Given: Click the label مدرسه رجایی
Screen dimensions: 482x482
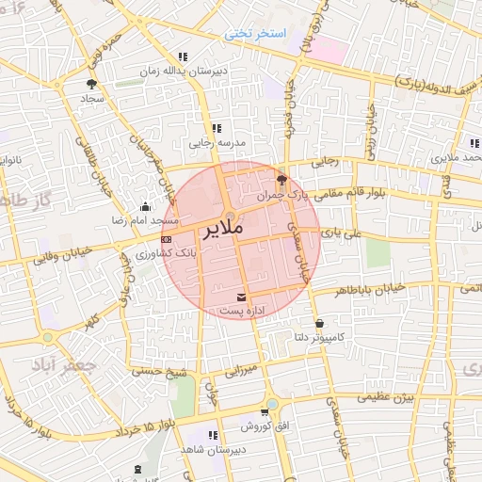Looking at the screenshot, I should [217, 143].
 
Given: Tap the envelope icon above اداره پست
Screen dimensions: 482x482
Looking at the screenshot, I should [244, 297].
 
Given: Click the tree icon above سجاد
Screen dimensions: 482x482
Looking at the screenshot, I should [91, 84].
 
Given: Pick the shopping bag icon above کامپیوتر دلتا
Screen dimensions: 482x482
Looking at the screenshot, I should [319, 323].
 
